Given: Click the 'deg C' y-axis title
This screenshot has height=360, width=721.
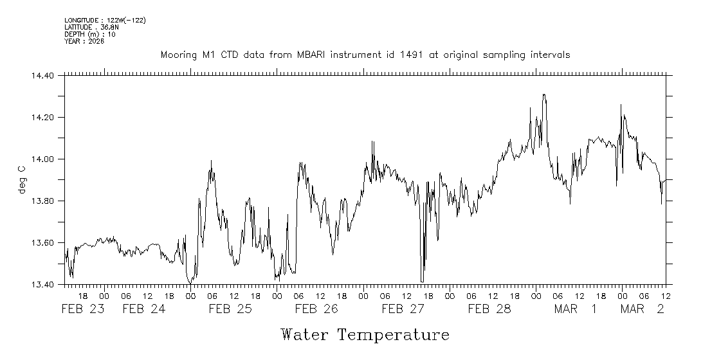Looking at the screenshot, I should point(22,180).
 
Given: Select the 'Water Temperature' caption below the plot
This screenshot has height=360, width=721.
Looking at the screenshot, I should point(365,335).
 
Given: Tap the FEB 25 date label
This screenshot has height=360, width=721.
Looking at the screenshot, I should point(230,309).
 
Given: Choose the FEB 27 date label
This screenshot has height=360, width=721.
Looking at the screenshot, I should point(403,309).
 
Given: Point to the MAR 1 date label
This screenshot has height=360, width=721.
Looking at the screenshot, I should point(576,309).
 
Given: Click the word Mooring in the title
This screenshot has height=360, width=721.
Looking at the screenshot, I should point(178,55).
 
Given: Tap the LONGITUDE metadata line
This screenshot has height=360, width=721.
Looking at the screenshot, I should point(105,21).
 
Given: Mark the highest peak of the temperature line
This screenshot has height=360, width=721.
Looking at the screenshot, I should point(544,94).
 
